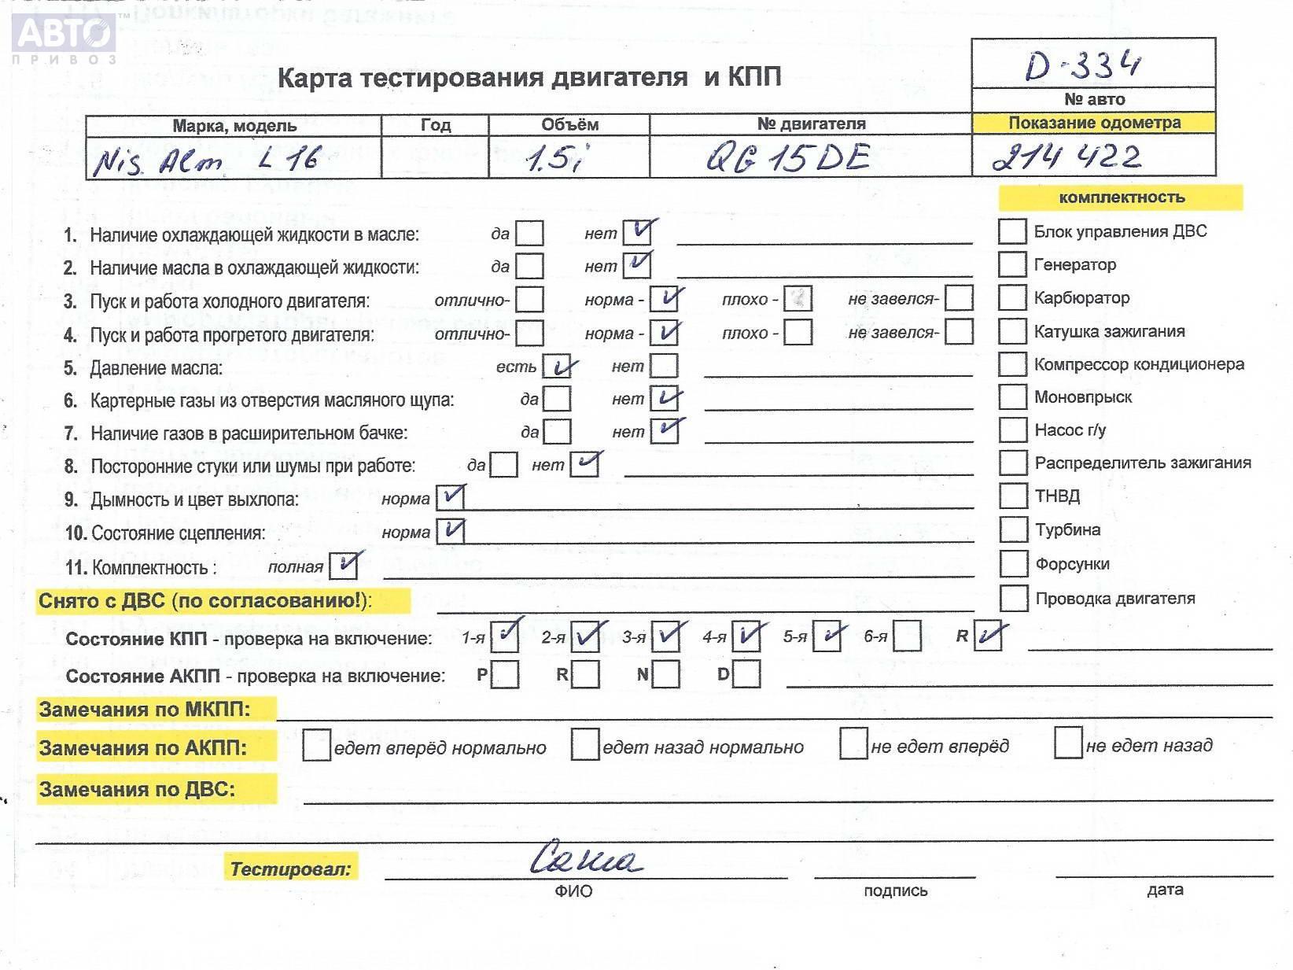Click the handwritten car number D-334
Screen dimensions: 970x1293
tap(1083, 65)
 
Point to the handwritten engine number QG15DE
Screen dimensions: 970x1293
tap(787, 158)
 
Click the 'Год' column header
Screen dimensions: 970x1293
tap(435, 125)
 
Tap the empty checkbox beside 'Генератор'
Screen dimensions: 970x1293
tap(1011, 264)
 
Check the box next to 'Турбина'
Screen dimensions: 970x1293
tap(1012, 529)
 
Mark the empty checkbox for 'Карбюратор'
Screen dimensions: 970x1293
tap(1011, 298)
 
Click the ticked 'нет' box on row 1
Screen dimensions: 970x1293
tap(637, 232)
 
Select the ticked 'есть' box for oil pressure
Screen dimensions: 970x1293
tap(557, 367)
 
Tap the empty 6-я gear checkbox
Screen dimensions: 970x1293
tap(907, 636)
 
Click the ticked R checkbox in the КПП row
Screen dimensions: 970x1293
tap(988, 636)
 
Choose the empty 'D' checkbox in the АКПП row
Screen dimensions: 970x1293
tap(746, 674)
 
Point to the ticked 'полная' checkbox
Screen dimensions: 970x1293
tap(344, 566)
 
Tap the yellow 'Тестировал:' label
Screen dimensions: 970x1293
tap(290, 869)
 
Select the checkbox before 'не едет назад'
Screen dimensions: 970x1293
tap(1067, 743)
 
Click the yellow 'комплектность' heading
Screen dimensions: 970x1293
tap(1121, 197)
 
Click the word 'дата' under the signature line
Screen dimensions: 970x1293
tap(1165, 890)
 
